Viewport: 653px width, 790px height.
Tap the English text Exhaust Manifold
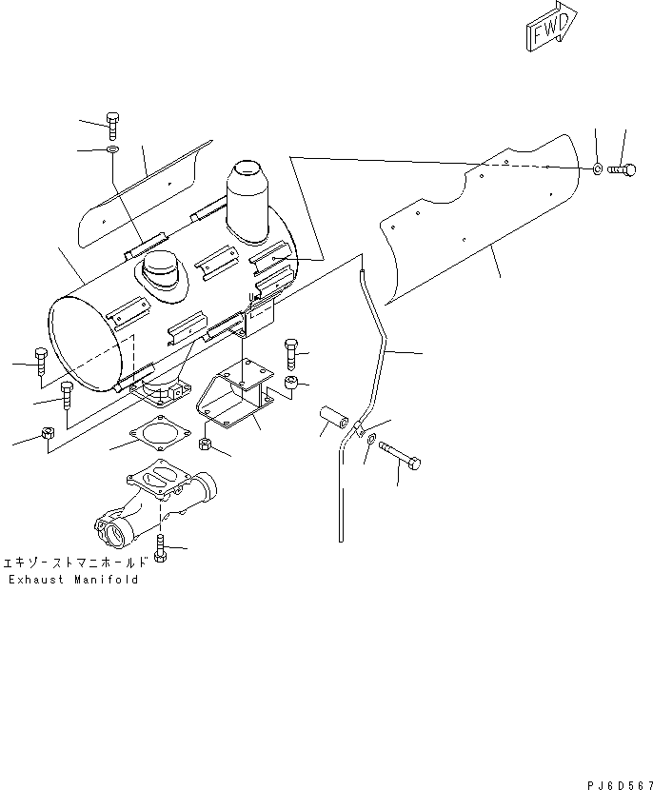coord(72,580)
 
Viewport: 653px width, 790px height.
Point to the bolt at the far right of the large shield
coord(620,169)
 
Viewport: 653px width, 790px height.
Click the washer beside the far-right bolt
coord(596,169)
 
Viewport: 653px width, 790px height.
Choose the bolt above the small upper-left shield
coord(112,126)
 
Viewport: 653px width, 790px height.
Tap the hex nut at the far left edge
coord(47,436)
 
